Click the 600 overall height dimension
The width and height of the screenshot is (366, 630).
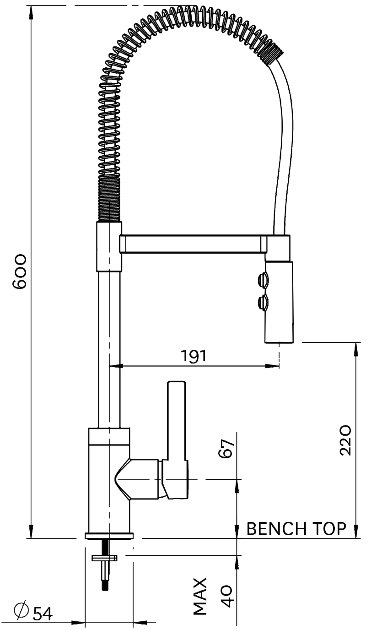20,272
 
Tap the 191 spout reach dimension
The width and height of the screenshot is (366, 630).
194,355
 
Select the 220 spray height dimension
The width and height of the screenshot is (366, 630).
345,440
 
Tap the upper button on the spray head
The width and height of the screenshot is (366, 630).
263,280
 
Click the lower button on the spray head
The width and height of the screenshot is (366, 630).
263,303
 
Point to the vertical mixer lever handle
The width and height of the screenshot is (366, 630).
177,422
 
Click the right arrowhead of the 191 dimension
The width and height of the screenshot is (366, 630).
272,366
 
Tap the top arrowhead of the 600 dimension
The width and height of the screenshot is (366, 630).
32,13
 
